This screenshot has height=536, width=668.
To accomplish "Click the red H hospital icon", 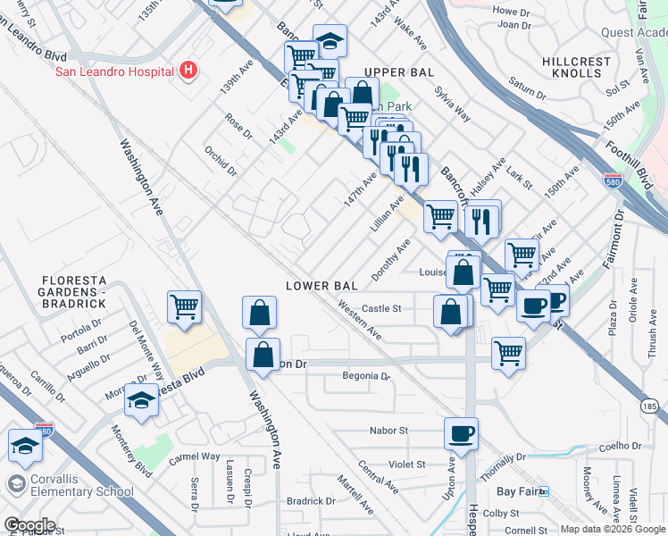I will coord(188,70).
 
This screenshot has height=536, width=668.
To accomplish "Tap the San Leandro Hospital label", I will coord(115,72).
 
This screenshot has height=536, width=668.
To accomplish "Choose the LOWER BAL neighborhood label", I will coord(321,286).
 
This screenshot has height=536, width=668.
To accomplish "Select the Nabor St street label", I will coord(389,430).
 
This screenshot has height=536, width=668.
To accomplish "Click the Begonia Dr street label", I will coord(366,376).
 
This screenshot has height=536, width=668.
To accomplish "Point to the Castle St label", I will coord(381,308).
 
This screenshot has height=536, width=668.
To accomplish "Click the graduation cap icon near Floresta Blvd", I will coord(141,400).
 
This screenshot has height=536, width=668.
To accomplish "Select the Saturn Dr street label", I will coord(528,88).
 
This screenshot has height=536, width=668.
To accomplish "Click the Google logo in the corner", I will coord(29,525).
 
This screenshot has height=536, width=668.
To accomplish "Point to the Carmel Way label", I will coord(195,456).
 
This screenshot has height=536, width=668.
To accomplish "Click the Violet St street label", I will coord(407,464).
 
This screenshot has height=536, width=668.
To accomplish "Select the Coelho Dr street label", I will coord(622,446).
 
